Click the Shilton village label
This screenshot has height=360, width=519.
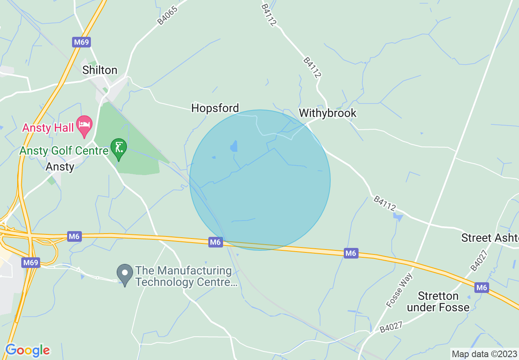coord(99,70)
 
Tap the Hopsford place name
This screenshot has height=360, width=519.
coord(215,108)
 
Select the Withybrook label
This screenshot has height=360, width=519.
coord(327,113)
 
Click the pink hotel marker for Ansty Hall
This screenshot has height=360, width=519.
coord(84,125)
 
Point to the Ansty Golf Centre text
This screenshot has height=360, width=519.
coord(64,151)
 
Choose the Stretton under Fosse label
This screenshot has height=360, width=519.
coord(438,301)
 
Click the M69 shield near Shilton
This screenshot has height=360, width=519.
coord(81,42)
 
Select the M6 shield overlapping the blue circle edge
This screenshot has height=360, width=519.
coord(215,242)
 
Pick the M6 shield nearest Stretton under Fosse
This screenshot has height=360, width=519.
coord(482,288)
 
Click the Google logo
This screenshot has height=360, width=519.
coord(27,350)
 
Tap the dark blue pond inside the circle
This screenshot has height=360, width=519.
coord(234,146)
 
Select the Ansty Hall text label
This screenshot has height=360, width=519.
coord(48,128)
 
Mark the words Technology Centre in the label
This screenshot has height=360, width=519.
coord(187,282)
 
